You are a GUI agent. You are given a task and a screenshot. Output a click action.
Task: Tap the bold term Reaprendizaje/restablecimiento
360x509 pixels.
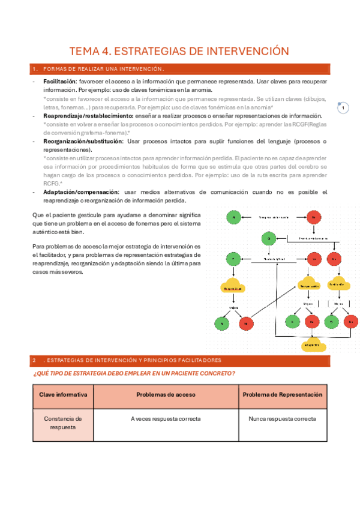tap(88, 115)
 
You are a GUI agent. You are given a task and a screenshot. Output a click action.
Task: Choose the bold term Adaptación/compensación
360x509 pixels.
tap(81, 192)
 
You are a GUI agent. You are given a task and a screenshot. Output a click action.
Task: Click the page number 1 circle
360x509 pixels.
tap(344, 108)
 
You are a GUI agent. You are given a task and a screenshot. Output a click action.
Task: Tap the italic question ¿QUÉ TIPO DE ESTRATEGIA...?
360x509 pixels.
tap(133, 373)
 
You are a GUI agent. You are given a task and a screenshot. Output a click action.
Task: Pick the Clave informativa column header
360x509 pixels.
tap(63, 394)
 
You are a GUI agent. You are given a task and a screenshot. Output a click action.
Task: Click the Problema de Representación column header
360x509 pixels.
tap(283, 394)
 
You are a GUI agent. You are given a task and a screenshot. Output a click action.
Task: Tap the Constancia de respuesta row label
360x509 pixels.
tap(63, 423)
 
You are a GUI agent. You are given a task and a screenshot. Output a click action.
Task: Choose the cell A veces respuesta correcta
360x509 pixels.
tap(165, 418)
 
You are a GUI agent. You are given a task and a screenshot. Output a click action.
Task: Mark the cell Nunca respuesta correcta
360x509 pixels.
tap(283, 418)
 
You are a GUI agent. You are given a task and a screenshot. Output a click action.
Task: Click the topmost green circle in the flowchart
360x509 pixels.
tap(235, 217)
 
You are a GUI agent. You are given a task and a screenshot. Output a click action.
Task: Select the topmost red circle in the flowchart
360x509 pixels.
tap(312, 217)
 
